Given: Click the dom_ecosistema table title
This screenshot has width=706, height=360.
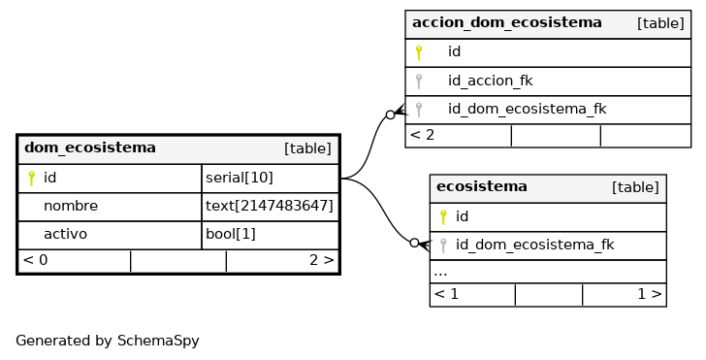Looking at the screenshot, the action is (x=90, y=147).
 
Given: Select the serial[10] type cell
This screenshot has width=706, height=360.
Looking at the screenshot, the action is (x=240, y=178).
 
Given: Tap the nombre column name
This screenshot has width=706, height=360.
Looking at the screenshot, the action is (x=71, y=206).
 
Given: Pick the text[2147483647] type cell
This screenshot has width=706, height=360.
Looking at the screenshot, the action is (x=270, y=206).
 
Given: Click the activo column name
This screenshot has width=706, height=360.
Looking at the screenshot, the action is (x=65, y=234).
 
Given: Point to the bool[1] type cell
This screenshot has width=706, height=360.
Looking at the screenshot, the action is (x=231, y=234).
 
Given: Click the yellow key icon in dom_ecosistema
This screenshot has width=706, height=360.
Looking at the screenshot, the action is (x=31, y=179).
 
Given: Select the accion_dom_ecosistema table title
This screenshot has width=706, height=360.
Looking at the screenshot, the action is (x=507, y=22).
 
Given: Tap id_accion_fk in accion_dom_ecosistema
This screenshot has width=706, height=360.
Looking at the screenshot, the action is (x=491, y=81).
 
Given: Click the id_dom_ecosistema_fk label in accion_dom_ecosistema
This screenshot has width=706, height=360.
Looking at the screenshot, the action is (x=528, y=109).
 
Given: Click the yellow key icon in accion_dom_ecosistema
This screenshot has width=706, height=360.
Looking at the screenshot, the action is (x=419, y=52).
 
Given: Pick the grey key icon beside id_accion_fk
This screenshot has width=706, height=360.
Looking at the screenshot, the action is (x=419, y=82).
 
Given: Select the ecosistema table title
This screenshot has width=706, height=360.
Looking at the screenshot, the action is (x=482, y=186).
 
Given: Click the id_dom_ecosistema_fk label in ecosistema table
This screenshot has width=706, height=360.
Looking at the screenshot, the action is (x=535, y=245).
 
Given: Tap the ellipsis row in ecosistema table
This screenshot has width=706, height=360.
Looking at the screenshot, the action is (x=440, y=273).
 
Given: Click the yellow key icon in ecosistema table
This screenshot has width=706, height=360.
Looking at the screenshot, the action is (x=443, y=217).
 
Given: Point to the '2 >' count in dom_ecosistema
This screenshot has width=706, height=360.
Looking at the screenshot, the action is (x=322, y=260).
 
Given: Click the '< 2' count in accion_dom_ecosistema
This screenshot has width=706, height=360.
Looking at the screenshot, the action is (x=423, y=135).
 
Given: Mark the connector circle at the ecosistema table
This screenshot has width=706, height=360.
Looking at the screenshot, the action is (x=414, y=243).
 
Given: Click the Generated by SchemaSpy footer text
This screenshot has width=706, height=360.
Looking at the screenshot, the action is (x=107, y=341).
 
